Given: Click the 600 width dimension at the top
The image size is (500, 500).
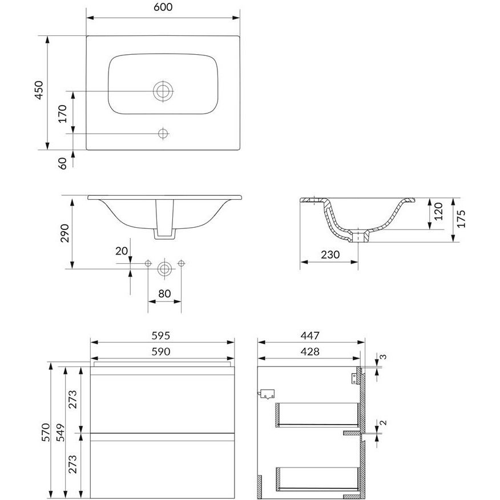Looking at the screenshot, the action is coord(163,7).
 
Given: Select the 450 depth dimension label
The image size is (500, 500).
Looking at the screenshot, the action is coord(39,90).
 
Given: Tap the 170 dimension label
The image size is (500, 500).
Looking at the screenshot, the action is coord(63,114).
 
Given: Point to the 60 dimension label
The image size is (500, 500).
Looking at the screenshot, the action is coord(63,163).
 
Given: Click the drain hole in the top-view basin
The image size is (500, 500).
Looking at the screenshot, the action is coord(163,91).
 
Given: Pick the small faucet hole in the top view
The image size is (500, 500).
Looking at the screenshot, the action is coord(163,134).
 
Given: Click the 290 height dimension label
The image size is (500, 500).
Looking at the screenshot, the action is coord(64,233).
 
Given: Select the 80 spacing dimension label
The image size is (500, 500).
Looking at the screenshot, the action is coord(164,293).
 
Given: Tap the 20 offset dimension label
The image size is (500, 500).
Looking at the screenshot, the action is coord(122,251).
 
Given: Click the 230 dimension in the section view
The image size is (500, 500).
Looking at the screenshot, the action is coord(330,255).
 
